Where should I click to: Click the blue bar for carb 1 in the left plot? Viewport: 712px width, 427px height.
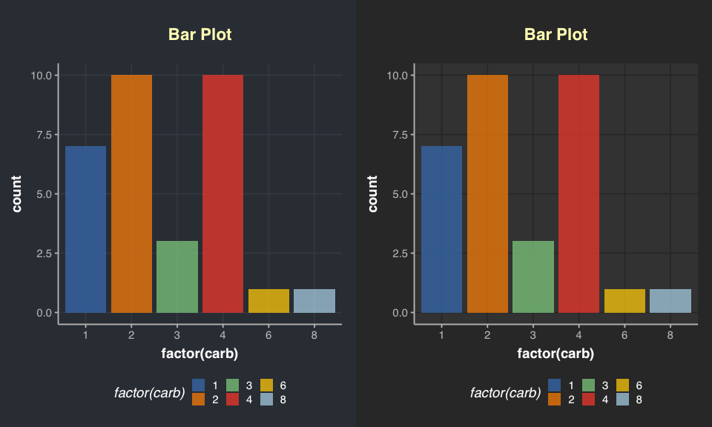(x=85, y=229)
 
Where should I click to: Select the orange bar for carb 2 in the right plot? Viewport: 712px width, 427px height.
(x=487, y=193)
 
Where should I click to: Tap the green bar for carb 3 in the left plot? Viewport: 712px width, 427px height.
(x=177, y=277)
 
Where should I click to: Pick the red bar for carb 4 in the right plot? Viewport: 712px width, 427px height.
(x=578, y=193)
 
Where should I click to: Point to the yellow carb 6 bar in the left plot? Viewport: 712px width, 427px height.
(x=268, y=300)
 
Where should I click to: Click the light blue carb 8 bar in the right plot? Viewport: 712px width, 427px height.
(x=670, y=300)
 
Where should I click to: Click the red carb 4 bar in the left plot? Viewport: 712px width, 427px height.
(x=222, y=193)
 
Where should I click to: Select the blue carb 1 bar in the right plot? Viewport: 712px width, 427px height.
(x=441, y=229)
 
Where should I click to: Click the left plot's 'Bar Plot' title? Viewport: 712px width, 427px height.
(x=200, y=35)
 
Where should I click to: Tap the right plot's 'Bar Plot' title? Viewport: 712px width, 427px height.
(x=556, y=35)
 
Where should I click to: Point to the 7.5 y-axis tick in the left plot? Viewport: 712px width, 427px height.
(x=42, y=135)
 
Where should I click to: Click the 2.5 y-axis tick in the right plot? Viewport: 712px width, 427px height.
(x=398, y=254)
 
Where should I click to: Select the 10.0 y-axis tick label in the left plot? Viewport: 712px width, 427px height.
(x=42, y=76)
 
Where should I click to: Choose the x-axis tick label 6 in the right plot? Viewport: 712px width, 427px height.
(x=624, y=335)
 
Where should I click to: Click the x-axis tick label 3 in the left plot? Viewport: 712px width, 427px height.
(x=177, y=335)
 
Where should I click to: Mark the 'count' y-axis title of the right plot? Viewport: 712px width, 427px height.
(x=374, y=193)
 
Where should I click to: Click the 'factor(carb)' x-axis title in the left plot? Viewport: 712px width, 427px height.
(x=200, y=354)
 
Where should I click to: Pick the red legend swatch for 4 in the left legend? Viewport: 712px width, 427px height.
(x=232, y=400)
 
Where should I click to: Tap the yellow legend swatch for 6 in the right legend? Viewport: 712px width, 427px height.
(x=623, y=385)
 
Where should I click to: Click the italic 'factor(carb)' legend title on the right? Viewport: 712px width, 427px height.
(x=505, y=393)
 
